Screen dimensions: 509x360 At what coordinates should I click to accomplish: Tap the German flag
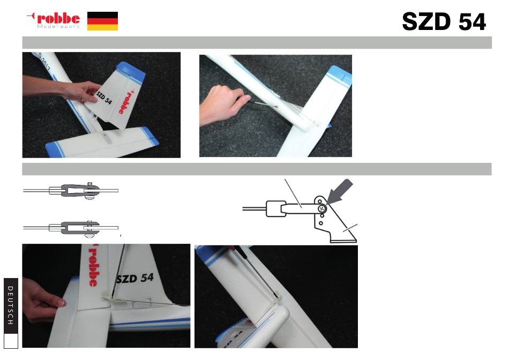point(102,21)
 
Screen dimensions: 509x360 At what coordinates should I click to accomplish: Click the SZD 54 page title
point(444,22)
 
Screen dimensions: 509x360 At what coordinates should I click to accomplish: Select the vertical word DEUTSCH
point(11,305)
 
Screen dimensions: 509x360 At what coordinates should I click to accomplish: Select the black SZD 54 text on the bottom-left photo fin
point(134,278)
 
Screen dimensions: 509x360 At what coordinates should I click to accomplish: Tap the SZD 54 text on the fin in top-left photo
point(104,98)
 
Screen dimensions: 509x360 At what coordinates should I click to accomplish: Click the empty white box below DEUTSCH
point(11,341)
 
